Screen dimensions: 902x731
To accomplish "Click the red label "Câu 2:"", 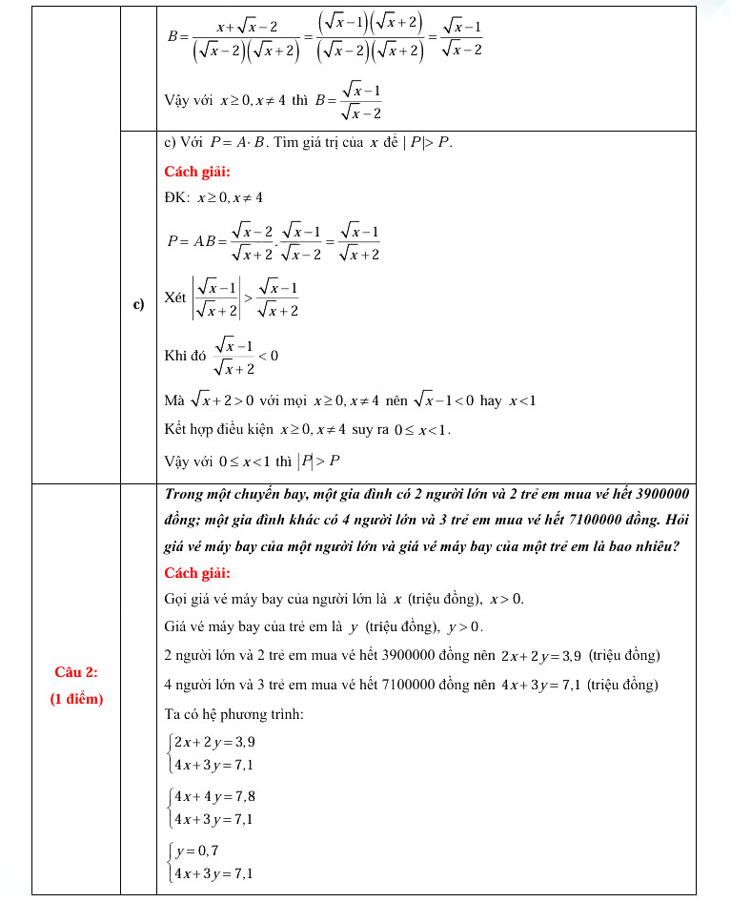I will [76, 671].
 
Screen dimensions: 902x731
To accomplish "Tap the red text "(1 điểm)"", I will [76, 698].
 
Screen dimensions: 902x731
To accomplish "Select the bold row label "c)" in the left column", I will [138, 305].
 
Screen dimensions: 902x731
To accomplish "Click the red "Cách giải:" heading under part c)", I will [197, 172].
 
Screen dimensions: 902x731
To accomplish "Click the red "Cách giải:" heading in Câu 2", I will [197, 573].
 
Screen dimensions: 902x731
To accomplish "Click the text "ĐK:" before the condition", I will [176, 197].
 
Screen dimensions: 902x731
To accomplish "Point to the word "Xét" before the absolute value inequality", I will [174, 297].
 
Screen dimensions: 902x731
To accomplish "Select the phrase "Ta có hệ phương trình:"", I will [234, 714].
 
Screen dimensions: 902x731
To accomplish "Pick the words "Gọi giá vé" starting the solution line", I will [195, 600].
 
